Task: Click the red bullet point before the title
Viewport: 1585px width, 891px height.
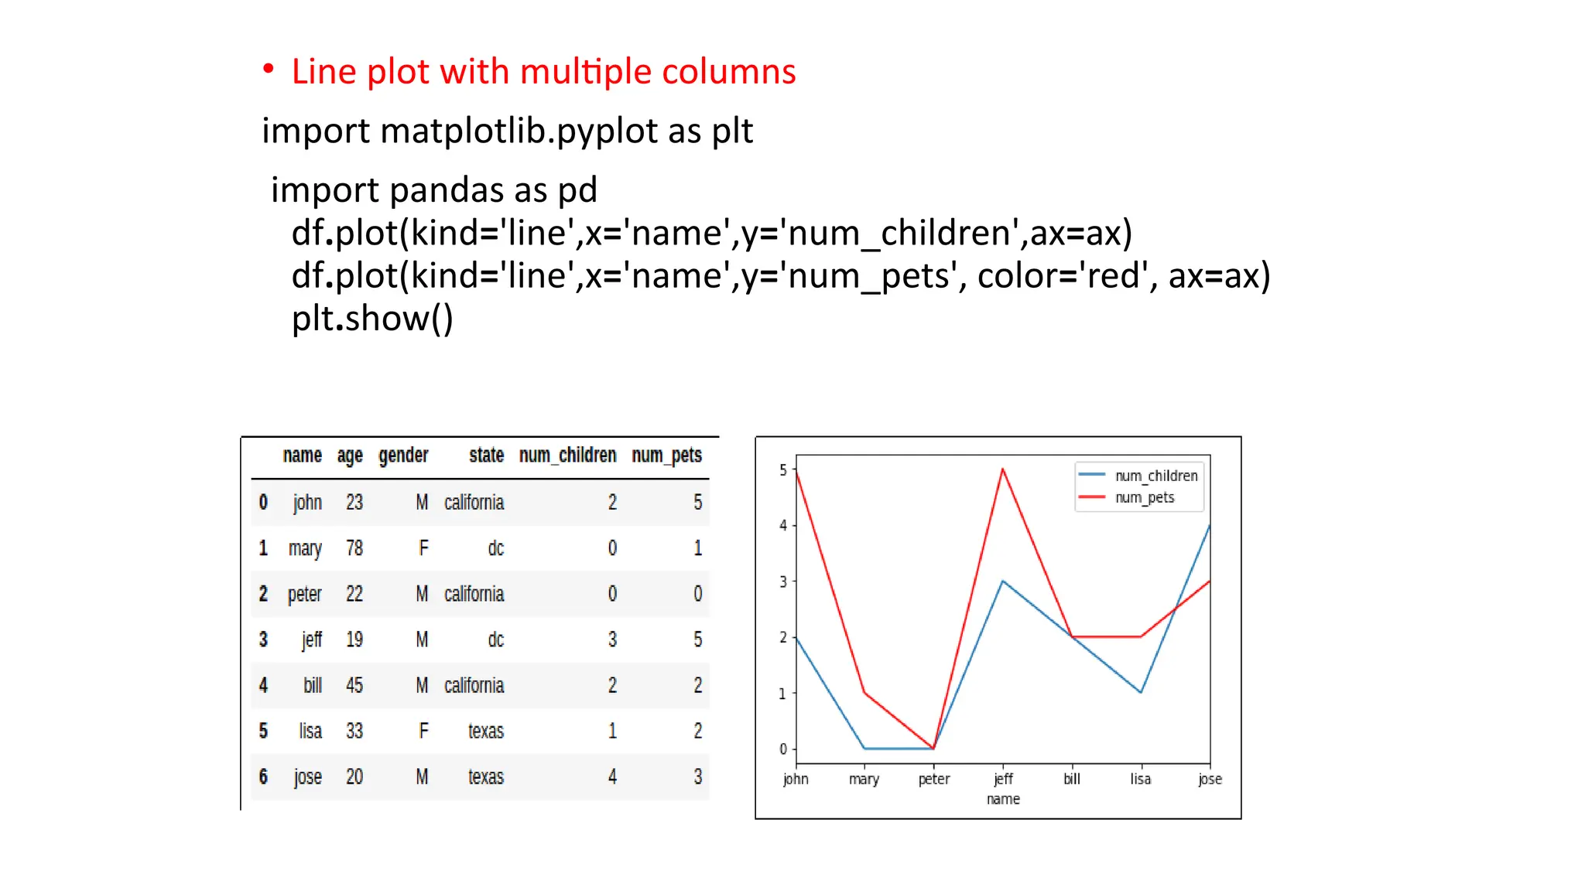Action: coord(269,70)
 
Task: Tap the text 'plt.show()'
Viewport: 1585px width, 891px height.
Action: coord(372,319)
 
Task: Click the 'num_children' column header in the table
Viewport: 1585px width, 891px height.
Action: coord(567,456)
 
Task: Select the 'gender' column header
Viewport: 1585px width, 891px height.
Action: coord(403,456)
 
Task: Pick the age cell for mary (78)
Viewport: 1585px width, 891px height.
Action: coord(354,548)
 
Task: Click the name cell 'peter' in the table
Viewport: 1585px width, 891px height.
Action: coord(304,594)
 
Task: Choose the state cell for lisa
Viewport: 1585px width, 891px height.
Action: coord(485,731)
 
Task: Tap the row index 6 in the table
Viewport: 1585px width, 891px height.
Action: coord(263,777)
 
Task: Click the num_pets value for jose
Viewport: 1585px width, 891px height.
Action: coord(697,777)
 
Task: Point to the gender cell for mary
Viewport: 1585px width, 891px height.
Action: coord(423,548)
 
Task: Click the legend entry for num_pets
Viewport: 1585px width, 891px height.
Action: coord(1144,497)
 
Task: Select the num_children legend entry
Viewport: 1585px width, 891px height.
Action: coord(1155,476)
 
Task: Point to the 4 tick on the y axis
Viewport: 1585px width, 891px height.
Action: coord(783,525)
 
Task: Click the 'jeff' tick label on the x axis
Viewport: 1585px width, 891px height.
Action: coord(1003,779)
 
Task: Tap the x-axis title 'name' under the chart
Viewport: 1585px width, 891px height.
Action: coord(1003,799)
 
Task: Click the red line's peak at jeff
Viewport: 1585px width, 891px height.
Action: coord(1002,469)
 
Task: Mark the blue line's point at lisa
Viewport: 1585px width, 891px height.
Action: coord(1141,692)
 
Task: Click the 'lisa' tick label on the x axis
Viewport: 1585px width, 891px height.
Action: coord(1141,779)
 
